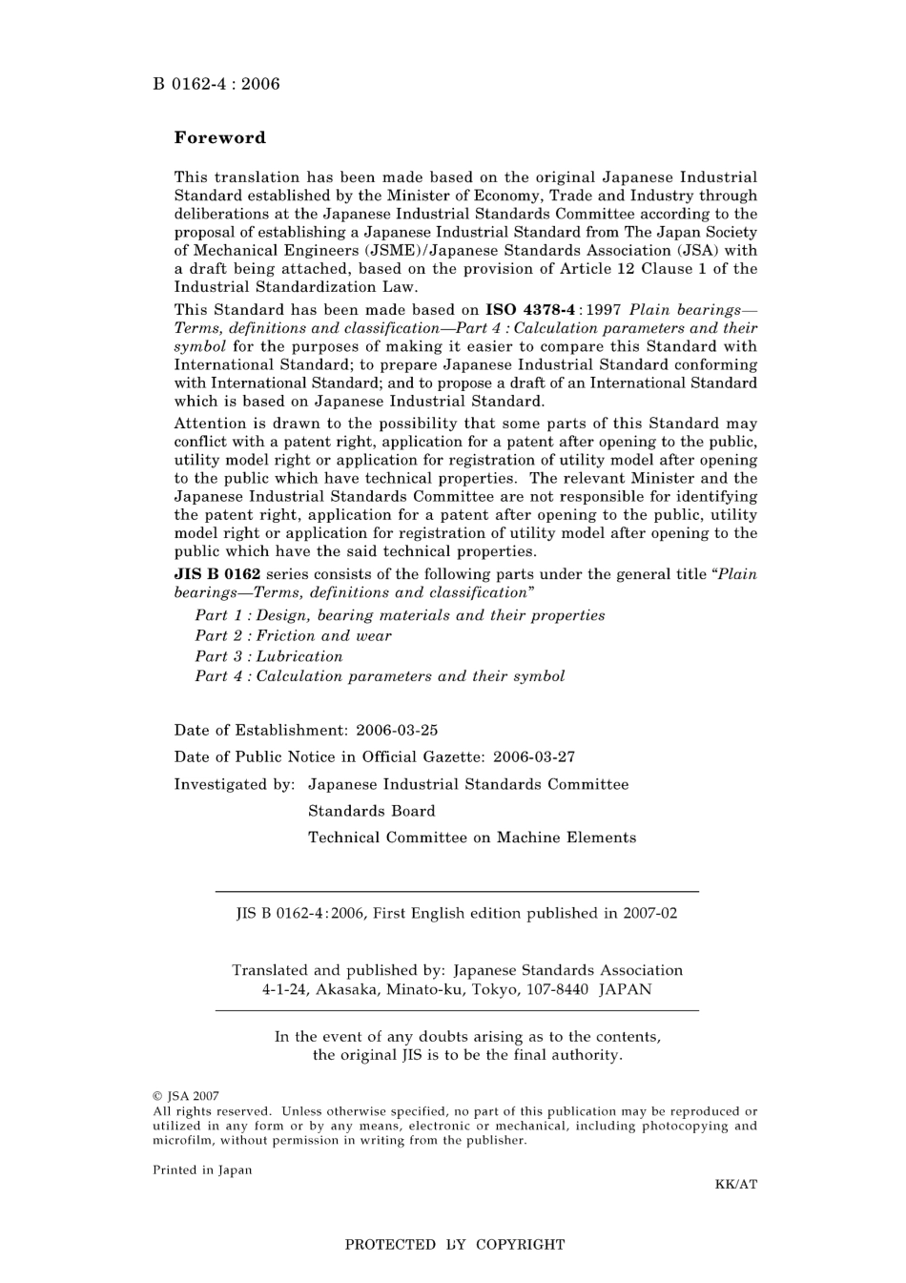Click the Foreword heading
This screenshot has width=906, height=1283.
(x=219, y=137)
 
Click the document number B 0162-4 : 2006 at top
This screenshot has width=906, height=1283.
(x=216, y=84)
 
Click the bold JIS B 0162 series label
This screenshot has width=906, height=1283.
(x=216, y=574)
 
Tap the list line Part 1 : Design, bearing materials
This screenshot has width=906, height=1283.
(x=400, y=615)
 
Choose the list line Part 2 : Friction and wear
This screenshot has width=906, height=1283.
(x=293, y=636)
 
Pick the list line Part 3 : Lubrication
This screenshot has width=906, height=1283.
(x=268, y=656)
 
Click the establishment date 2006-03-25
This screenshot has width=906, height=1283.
(x=397, y=731)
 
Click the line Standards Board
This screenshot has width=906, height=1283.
(x=371, y=811)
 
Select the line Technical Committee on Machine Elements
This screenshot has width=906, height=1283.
(x=471, y=838)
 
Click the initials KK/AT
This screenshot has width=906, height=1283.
(x=735, y=1185)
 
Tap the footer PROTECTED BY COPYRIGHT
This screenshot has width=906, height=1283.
(x=454, y=1245)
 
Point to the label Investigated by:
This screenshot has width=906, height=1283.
(x=235, y=784)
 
